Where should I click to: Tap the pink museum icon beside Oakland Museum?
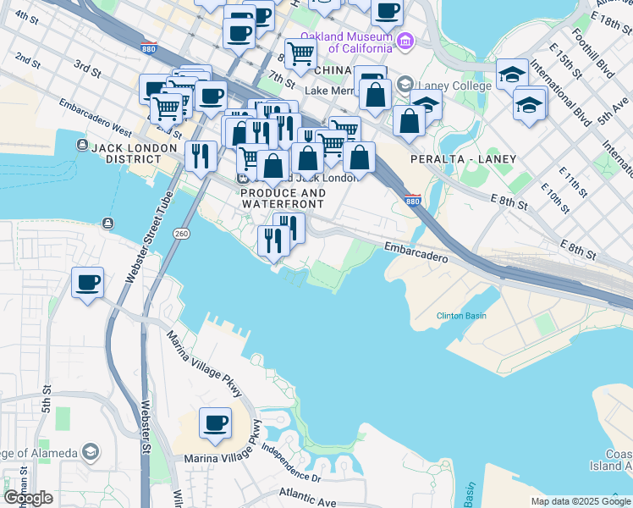pos(405,41)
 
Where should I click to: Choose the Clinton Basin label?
pos(461,316)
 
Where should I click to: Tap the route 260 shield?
pos(181,233)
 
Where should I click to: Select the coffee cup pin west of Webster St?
pos(87,282)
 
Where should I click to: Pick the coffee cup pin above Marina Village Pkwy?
pos(215,422)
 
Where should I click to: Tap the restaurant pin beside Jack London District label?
pos(201,155)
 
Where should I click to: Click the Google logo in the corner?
pos(29,498)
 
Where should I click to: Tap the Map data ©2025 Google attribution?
pos(580,501)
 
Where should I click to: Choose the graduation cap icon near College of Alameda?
pos(91,452)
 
